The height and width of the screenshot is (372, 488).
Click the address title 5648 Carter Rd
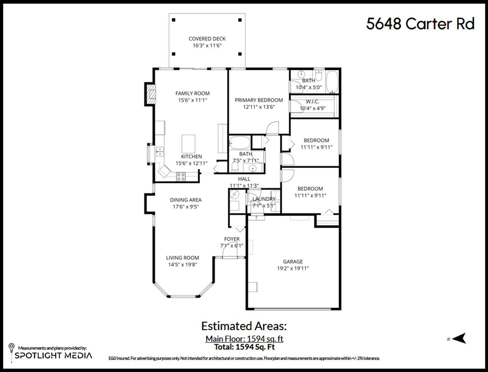pos(420,24)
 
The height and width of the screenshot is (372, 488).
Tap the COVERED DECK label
pos(207,39)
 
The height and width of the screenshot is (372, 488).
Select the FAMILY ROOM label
pos(193,93)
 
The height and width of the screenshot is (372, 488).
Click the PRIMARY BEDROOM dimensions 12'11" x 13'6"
pos(259,107)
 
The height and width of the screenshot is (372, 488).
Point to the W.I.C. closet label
pos(312,102)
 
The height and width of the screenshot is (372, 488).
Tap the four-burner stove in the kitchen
pos(181,177)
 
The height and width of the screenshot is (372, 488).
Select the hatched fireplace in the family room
pos(150,94)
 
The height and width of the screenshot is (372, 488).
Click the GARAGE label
pos(293,262)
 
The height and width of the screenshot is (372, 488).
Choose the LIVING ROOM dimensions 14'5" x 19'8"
pos(183,265)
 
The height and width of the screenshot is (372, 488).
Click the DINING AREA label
pos(185,200)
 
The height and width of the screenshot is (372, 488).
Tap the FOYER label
pos(232,239)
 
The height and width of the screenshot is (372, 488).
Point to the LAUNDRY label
pos(264,199)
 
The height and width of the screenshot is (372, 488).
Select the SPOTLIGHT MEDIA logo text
pos(53,355)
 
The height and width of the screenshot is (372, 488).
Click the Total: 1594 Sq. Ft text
pos(244,347)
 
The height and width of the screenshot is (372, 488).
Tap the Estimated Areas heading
pos(244,326)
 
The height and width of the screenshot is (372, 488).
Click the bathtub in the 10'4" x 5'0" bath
pos(332,81)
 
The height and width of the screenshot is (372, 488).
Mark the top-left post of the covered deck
pos(174,20)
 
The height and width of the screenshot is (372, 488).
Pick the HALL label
pos(244,179)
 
